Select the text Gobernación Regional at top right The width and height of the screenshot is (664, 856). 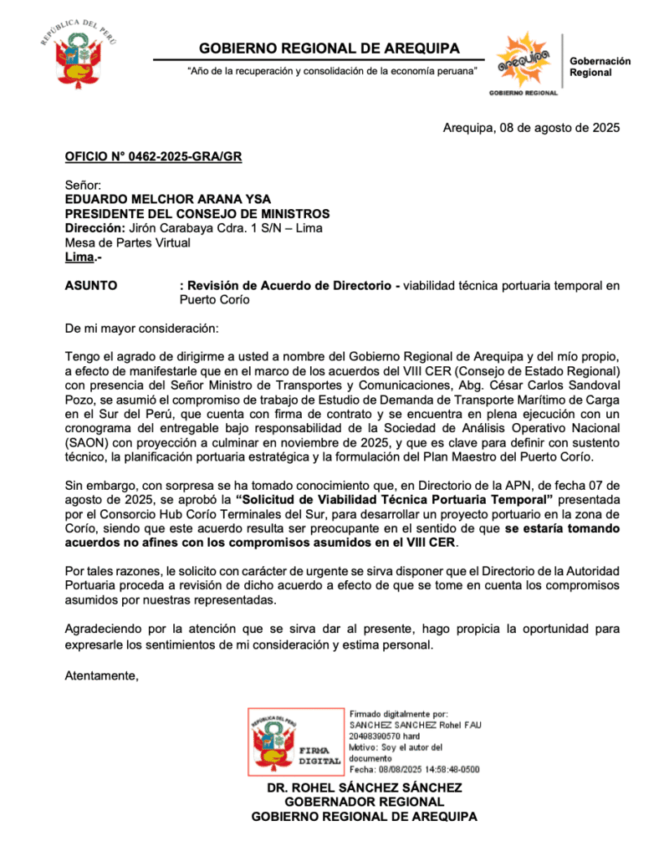(600, 67)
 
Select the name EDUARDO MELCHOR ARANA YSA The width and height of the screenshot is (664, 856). (170, 200)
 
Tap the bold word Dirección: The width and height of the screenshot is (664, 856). (94, 228)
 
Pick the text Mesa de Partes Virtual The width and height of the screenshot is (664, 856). (127, 242)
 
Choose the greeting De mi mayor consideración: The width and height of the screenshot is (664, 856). (141, 328)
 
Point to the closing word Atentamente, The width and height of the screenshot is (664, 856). (101, 675)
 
